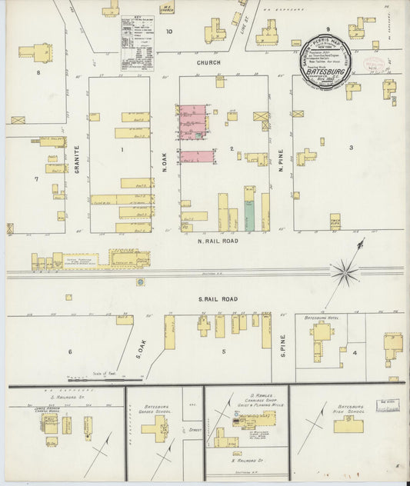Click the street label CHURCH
coord(209,63)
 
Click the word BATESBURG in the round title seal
coord(328,67)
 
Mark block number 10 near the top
coord(169,32)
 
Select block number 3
coord(351,147)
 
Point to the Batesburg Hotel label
coord(322,317)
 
